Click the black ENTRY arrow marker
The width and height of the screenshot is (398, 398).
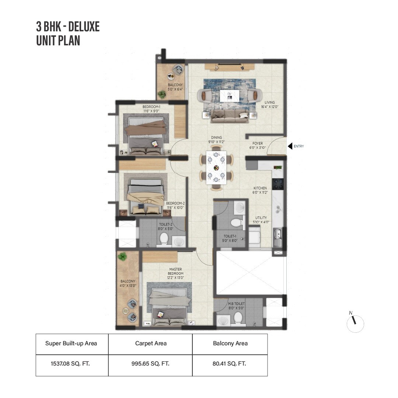point(290,146)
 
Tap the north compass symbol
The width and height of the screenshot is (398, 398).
point(355,323)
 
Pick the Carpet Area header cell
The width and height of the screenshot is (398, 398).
point(150,343)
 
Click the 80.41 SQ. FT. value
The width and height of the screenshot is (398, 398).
point(230,364)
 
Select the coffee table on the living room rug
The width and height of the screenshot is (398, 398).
point(229,95)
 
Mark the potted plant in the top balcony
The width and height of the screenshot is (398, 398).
point(161,95)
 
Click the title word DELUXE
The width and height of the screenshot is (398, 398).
point(84,27)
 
